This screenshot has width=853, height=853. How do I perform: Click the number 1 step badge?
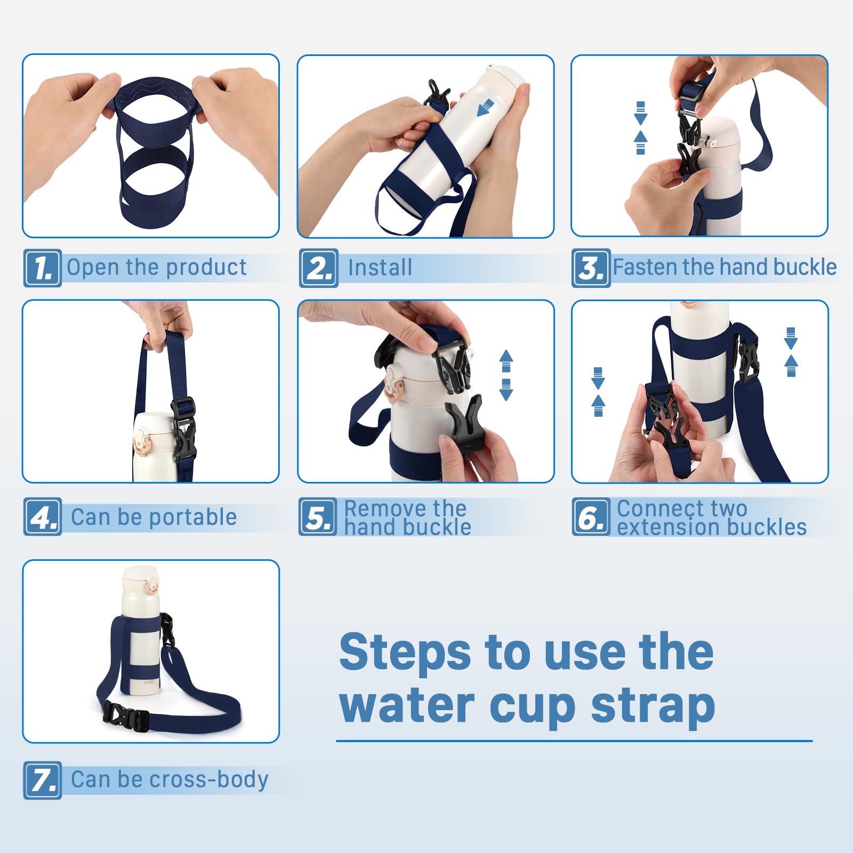pos(43,268)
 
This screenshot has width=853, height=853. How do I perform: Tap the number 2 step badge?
pos(318,268)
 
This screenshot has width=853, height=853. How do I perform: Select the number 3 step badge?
pos(591,268)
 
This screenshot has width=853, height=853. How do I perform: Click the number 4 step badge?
pos(43,517)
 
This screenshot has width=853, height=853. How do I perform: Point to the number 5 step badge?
pos(318,517)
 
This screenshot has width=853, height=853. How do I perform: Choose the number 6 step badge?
pos(591,517)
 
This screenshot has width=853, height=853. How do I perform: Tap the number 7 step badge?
pos(43,780)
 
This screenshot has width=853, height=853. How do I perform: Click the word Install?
pos(380,268)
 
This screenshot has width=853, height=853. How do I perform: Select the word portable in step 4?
pos(192,518)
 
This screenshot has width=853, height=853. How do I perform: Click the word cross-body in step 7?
pos(209,780)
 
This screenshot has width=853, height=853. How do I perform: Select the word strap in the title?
pos(653,706)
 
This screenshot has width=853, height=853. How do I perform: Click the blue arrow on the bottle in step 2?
pos(485,108)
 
